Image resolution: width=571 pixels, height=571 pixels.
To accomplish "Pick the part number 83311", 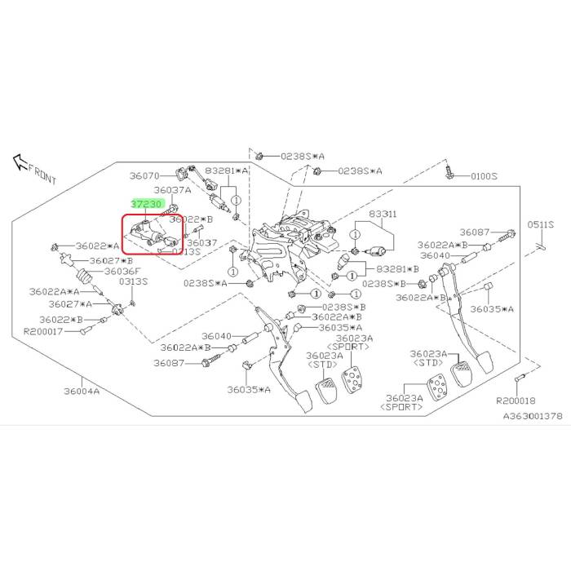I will tap(383, 214).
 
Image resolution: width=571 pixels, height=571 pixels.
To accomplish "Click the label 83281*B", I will tap(397, 268).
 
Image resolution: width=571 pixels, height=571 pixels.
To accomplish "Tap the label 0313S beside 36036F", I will tap(133, 281).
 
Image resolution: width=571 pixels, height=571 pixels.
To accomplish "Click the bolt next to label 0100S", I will tap(449, 173).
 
